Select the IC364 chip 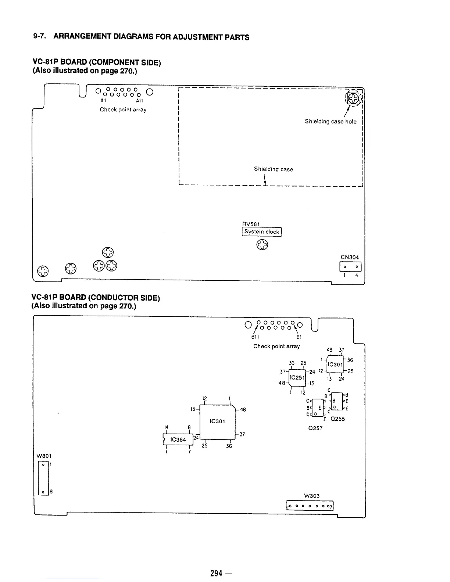click(x=178, y=439)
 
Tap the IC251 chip click(x=297, y=377)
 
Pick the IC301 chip click(x=335, y=364)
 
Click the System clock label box click(x=262, y=232)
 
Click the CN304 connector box click(x=351, y=266)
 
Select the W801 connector click(x=43, y=478)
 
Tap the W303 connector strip click(x=310, y=506)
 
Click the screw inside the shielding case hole click(x=353, y=98)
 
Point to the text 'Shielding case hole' click(x=331, y=122)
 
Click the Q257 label click(x=315, y=428)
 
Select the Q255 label click(x=337, y=419)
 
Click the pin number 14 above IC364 click(x=167, y=427)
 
